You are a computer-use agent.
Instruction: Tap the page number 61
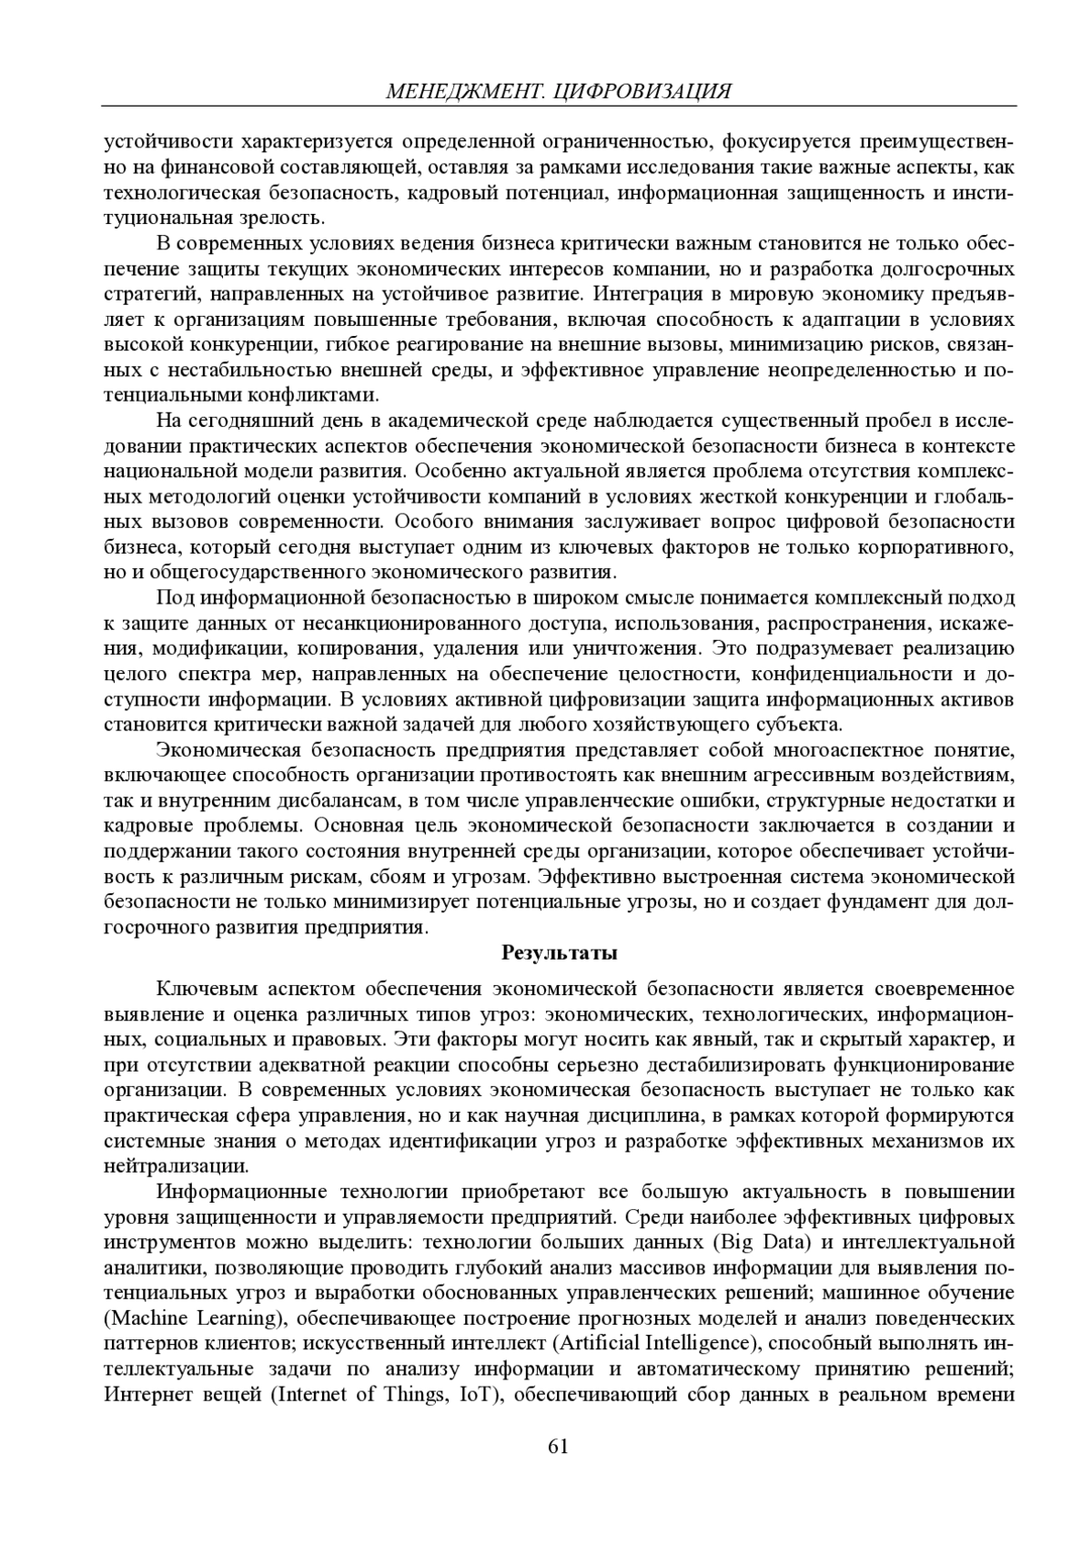click(558, 1446)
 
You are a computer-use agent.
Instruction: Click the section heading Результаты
click(560, 953)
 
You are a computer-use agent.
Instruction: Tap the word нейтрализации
click(175, 1166)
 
